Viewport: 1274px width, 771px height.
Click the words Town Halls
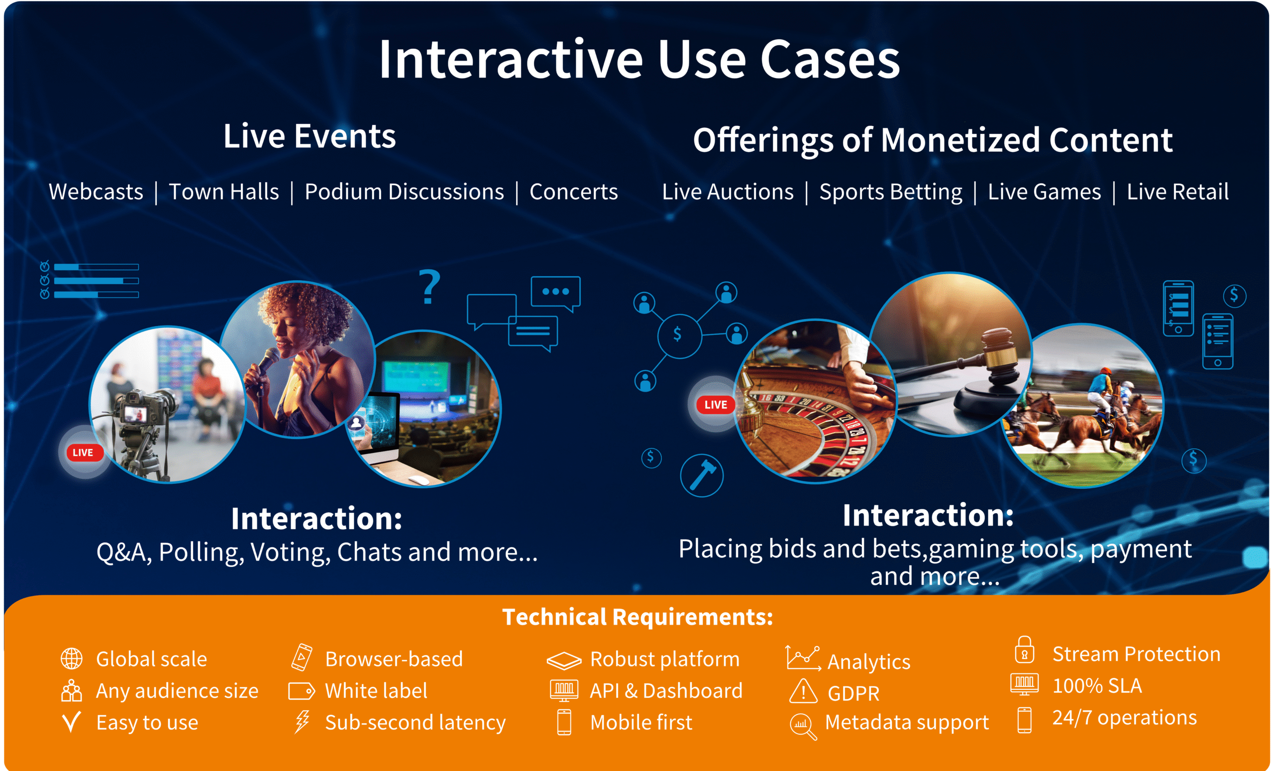(223, 192)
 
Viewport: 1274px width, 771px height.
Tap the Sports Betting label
(890, 192)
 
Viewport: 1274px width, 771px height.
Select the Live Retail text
(1177, 192)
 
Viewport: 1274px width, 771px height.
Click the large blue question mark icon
(429, 287)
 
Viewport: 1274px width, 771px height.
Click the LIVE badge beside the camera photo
(83, 452)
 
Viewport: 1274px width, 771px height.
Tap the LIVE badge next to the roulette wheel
(716, 404)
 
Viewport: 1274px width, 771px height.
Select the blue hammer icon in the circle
(702, 475)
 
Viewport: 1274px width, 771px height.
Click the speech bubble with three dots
(555, 292)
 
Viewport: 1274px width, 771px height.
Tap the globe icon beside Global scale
(71, 659)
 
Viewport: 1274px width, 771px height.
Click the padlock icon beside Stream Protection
(1024, 651)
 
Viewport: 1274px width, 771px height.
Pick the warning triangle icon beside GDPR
(803, 691)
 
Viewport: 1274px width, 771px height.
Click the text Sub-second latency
(415, 722)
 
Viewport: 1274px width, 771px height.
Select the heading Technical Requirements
(637, 617)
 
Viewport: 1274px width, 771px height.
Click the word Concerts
(573, 192)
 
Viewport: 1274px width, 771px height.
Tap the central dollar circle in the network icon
(679, 335)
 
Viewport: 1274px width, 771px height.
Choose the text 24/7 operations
(1124, 718)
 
